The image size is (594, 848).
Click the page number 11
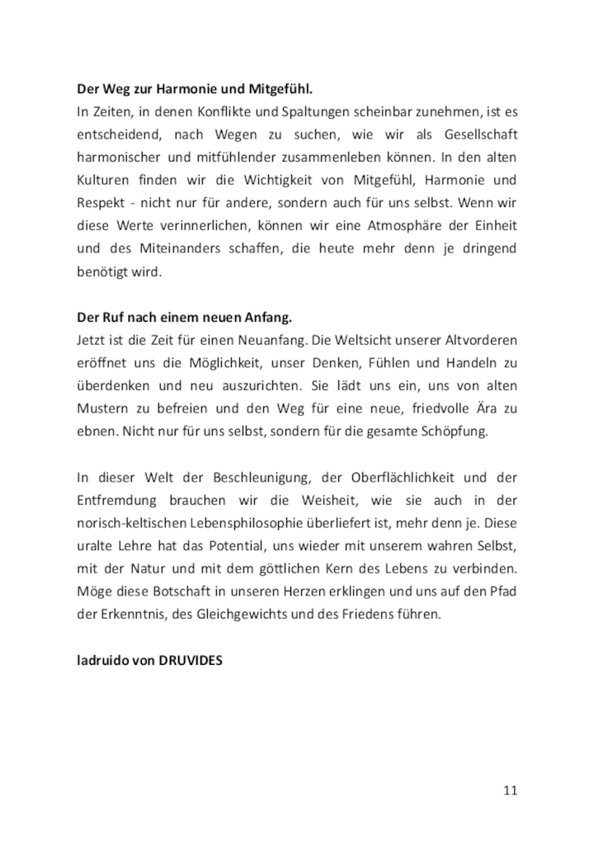pos(510,791)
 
